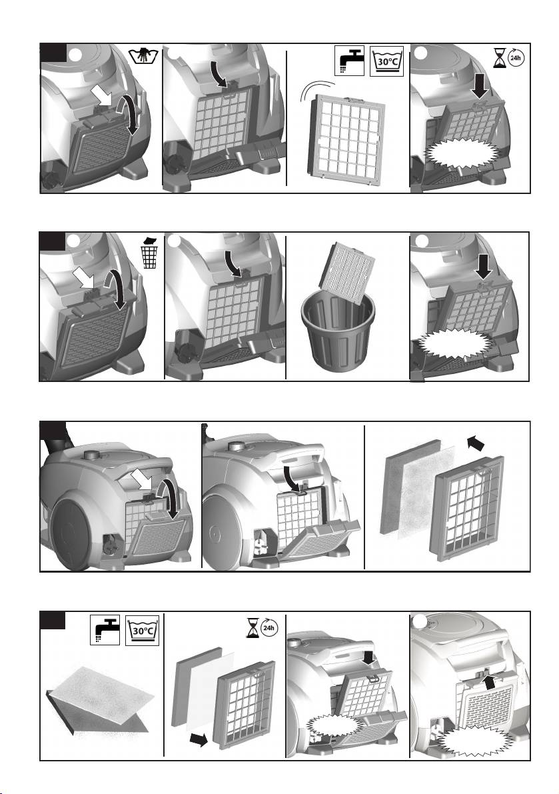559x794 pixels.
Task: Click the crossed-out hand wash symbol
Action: tap(144, 55)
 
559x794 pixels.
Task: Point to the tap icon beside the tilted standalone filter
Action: tap(349, 61)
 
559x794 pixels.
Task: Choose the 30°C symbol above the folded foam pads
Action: tap(143, 630)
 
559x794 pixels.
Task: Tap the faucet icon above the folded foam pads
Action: tap(105, 630)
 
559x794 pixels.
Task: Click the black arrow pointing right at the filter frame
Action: tap(199, 740)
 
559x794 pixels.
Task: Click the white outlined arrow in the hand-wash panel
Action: tap(102, 95)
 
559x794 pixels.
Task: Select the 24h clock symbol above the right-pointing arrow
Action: tap(269, 629)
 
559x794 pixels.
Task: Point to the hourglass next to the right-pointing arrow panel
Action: tap(252, 628)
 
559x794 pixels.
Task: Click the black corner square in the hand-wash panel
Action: tap(53, 53)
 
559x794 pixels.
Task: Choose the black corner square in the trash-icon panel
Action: tap(53, 241)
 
